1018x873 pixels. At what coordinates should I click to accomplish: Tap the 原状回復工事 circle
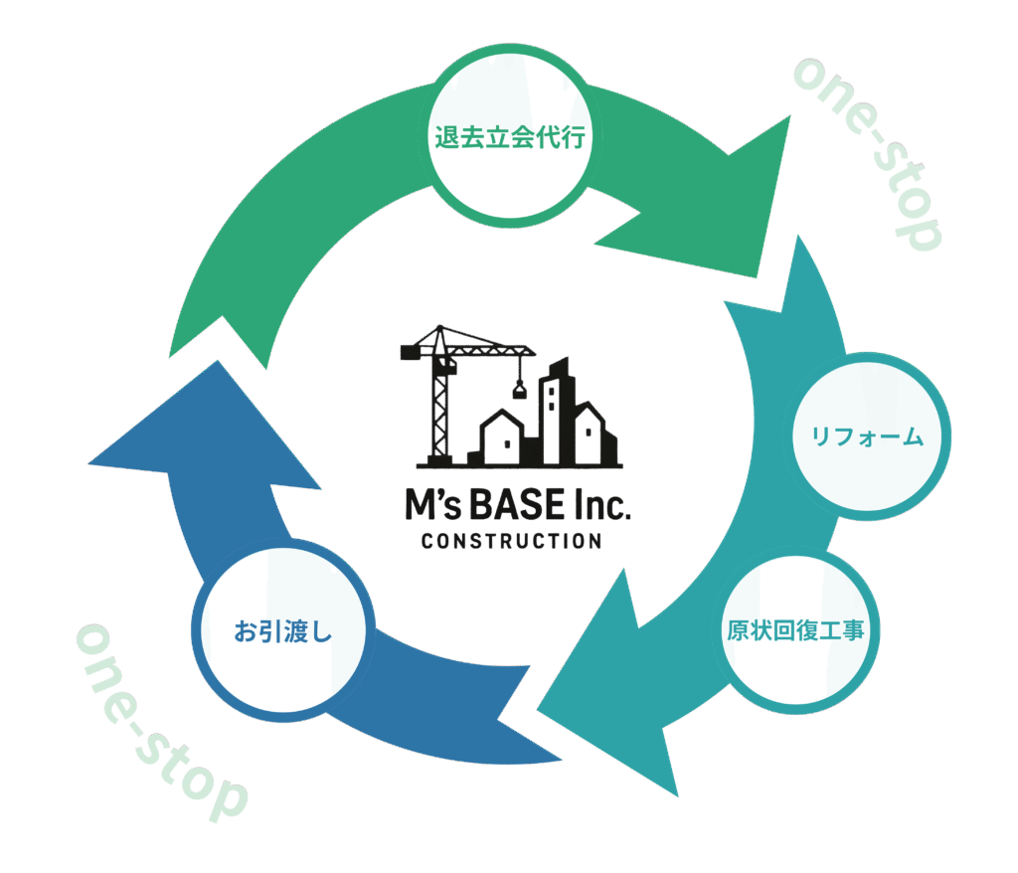pos(795,631)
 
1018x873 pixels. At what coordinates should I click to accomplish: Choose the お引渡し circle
pos(281,630)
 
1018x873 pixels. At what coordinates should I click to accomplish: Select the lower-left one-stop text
pos(159,721)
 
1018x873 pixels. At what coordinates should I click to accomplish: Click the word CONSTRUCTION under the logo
pos(511,542)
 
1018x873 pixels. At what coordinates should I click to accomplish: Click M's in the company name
pos(429,506)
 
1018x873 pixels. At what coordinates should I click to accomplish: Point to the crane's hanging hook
pos(518,391)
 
